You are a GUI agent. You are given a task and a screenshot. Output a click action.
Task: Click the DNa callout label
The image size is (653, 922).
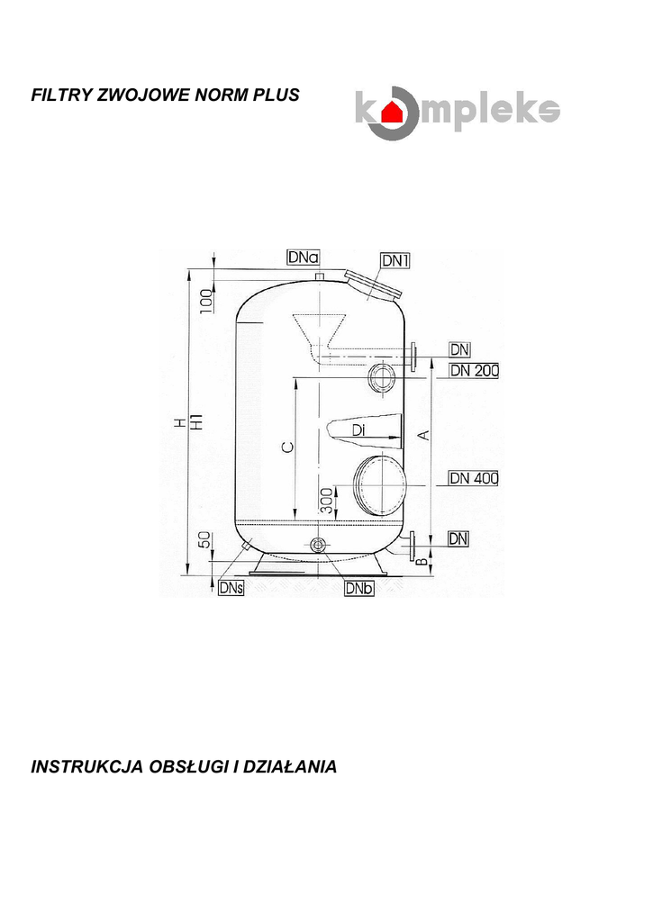point(304,258)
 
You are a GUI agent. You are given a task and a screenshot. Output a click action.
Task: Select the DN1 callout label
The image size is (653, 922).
point(395,260)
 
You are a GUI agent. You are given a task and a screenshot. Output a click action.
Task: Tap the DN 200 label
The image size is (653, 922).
point(474,370)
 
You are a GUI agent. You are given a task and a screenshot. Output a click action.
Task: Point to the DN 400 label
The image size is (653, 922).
point(474,478)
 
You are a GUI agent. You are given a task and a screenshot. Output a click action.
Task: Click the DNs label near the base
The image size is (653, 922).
point(231,587)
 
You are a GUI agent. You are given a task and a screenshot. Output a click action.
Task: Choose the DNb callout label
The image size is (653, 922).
point(358,588)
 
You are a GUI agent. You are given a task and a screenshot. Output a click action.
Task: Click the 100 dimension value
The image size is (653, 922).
point(206,301)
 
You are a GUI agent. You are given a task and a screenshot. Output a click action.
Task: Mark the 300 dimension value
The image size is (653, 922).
point(327,501)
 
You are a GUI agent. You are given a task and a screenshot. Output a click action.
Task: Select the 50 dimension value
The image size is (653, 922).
point(204,540)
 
